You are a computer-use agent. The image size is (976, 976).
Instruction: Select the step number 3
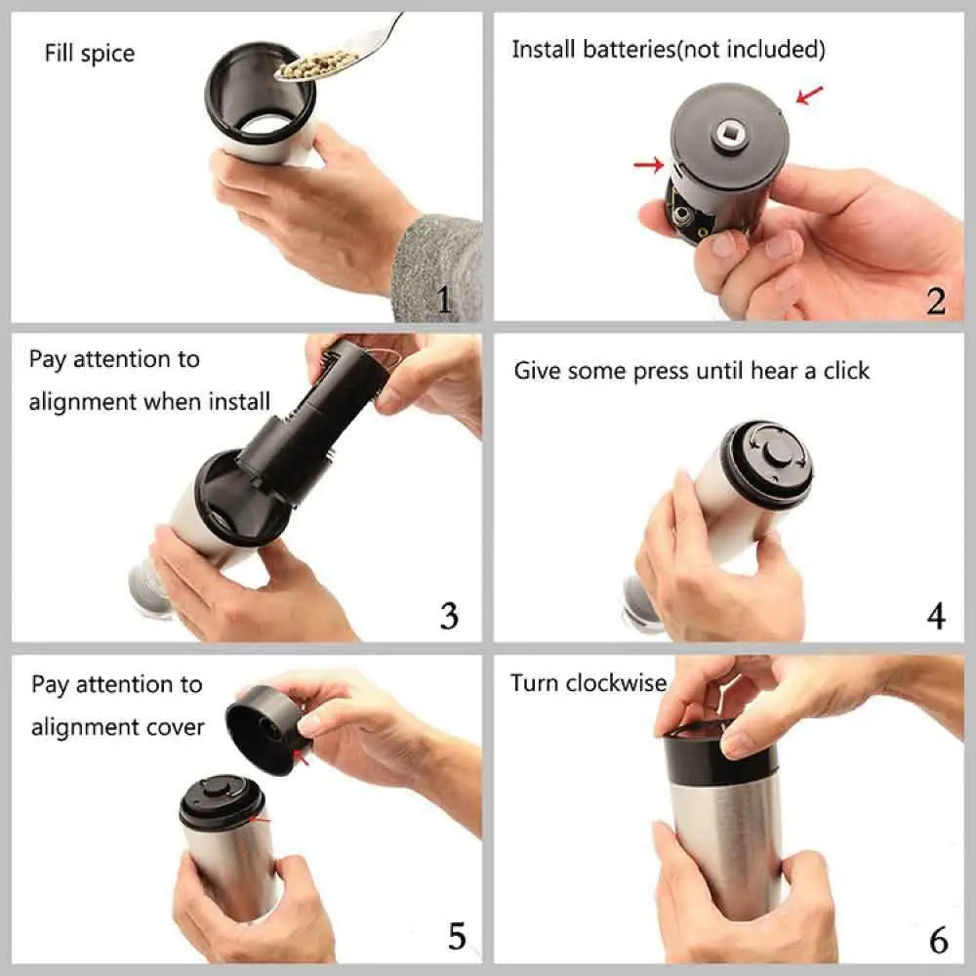coord(449,616)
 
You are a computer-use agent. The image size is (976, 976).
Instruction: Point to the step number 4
coord(935,616)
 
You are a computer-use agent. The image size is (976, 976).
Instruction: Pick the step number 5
coord(457,936)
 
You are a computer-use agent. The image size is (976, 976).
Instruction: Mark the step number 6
coord(938,940)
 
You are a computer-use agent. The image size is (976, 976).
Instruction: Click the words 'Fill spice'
coord(90,53)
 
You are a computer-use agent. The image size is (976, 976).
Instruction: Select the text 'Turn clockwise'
coord(588,682)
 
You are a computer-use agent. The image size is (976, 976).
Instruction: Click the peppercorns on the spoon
coord(314,63)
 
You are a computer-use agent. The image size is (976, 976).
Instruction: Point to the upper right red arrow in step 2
coord(809,95)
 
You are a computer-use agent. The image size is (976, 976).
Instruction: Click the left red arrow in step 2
coord(648,165)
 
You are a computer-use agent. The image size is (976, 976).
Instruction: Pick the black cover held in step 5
coord(264,727)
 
